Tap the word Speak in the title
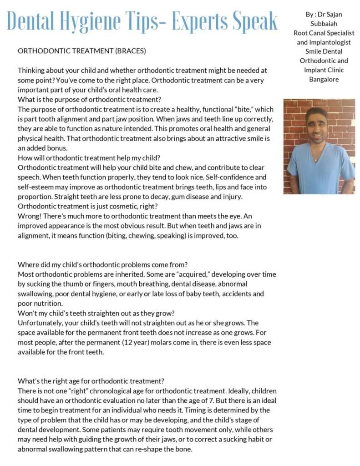254,21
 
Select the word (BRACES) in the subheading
131,51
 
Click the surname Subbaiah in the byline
324,24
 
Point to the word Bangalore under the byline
324,79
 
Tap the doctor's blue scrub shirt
319,168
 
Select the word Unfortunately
40,323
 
